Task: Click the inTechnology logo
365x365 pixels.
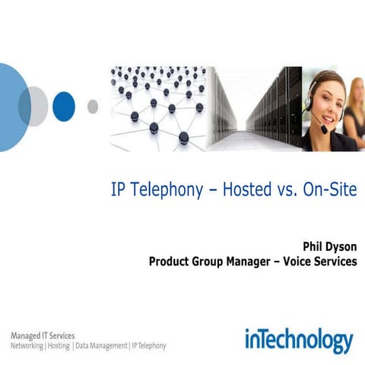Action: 299,340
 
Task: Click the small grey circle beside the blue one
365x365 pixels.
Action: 93,106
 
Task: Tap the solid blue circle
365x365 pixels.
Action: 63,106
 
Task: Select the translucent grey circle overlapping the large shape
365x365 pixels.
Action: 33,106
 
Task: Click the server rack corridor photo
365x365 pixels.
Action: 255,109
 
